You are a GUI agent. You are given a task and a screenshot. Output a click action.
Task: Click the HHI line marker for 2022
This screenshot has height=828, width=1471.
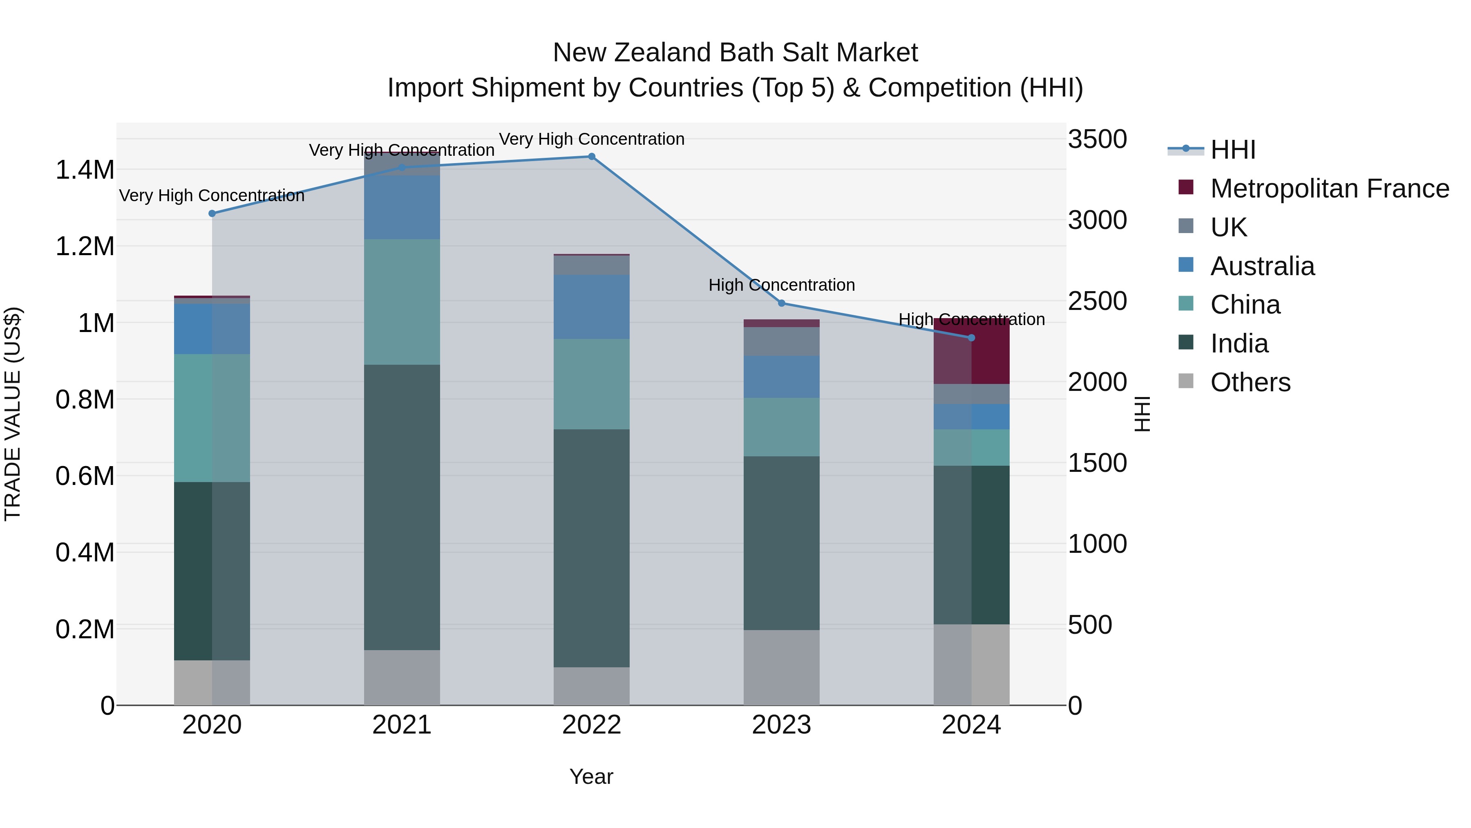592,157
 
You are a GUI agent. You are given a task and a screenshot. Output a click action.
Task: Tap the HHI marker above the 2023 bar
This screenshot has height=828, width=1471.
782,303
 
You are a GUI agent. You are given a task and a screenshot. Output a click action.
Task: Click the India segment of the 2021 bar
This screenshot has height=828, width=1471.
402,507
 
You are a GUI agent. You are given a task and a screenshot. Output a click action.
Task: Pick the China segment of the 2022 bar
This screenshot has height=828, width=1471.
592,384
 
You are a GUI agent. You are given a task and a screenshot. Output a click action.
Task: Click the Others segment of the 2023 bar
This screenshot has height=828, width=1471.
782,667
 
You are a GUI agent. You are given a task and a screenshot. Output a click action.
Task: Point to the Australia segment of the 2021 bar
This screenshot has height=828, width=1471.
402,207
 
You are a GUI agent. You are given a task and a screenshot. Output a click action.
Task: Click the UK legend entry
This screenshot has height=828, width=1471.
1228,227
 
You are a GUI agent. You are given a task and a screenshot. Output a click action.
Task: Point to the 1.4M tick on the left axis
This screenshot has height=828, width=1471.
85,170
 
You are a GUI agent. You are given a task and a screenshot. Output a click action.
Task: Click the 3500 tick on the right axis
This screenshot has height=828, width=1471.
1097,139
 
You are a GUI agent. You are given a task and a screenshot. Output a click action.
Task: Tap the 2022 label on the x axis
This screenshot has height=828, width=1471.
592,725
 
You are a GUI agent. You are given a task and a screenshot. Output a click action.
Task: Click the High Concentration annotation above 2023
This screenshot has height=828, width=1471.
782,285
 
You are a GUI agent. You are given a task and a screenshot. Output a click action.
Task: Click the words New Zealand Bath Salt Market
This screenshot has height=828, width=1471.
735,53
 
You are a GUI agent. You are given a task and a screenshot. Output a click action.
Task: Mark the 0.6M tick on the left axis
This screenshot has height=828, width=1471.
85,476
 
